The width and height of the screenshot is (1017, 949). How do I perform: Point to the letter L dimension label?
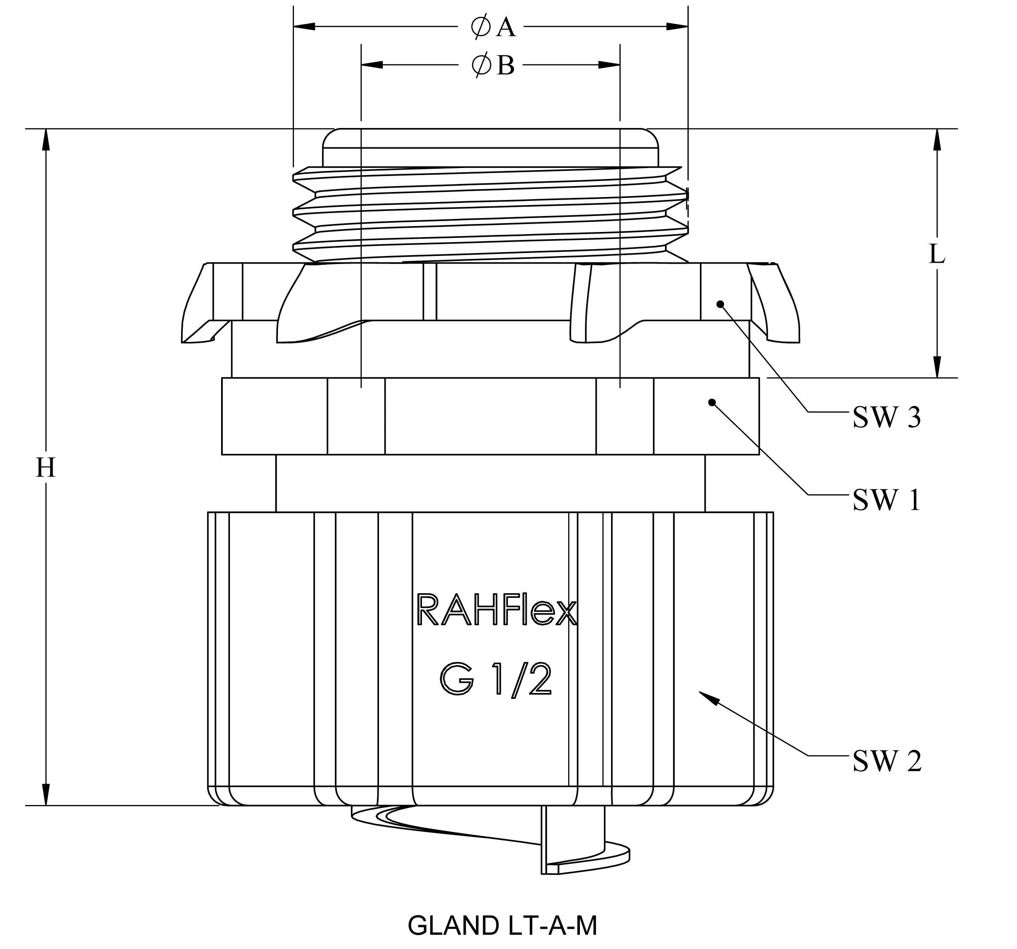tap(937, 254)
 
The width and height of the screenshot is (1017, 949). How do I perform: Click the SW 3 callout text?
tap(886, 418)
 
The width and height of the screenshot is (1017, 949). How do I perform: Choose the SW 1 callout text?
tap(886, 500)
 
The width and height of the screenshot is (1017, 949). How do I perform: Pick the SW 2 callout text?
tap(886, 762)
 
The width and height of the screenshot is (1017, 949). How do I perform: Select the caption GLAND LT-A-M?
tap(502, 925)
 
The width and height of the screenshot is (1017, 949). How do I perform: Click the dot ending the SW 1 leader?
tap(712, 403)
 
